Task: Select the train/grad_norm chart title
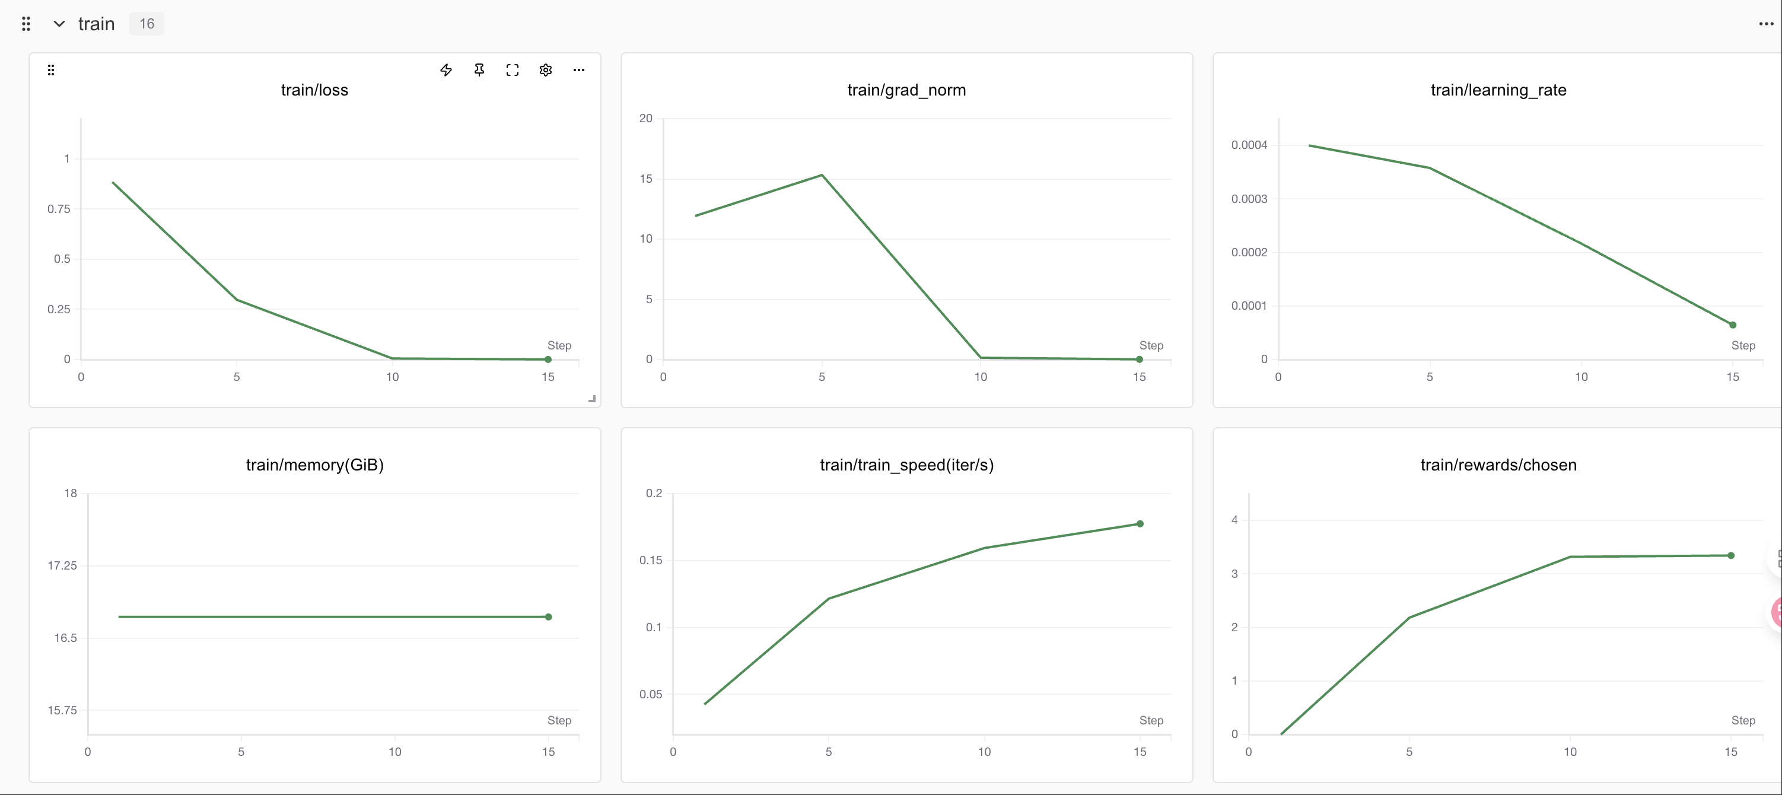tap(906, 90)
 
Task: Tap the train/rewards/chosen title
tap(1498, 465)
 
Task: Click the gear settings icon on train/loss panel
tap(546, 70)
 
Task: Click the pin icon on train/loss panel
tap(479, 70)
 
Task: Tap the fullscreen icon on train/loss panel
tap(513, 70)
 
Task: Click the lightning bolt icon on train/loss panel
tap(446, 70)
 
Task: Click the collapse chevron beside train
tap(59, 24)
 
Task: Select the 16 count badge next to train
tap(147, 24)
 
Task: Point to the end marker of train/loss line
tap(548, 359)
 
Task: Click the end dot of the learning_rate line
tap(1733, 325)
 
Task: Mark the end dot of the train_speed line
tap(1140, 524)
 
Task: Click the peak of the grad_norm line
tap(822, 175)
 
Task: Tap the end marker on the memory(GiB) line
tap(549, 616)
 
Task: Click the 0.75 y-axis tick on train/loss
tap(59, 209)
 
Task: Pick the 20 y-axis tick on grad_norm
tap(645, 118)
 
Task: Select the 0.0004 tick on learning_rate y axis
tap(1249, 145)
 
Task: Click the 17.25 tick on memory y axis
tap(62, 566)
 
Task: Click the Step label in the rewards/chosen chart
tap(1743, 720)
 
